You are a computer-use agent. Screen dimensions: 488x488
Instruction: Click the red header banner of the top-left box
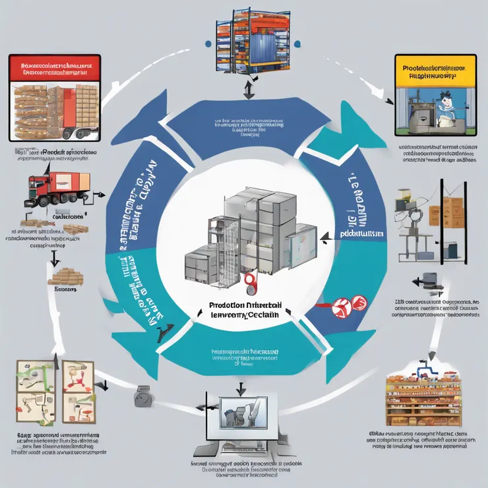(x=55, y=71)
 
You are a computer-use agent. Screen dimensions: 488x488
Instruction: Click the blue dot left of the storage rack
(x=208, y=44)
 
